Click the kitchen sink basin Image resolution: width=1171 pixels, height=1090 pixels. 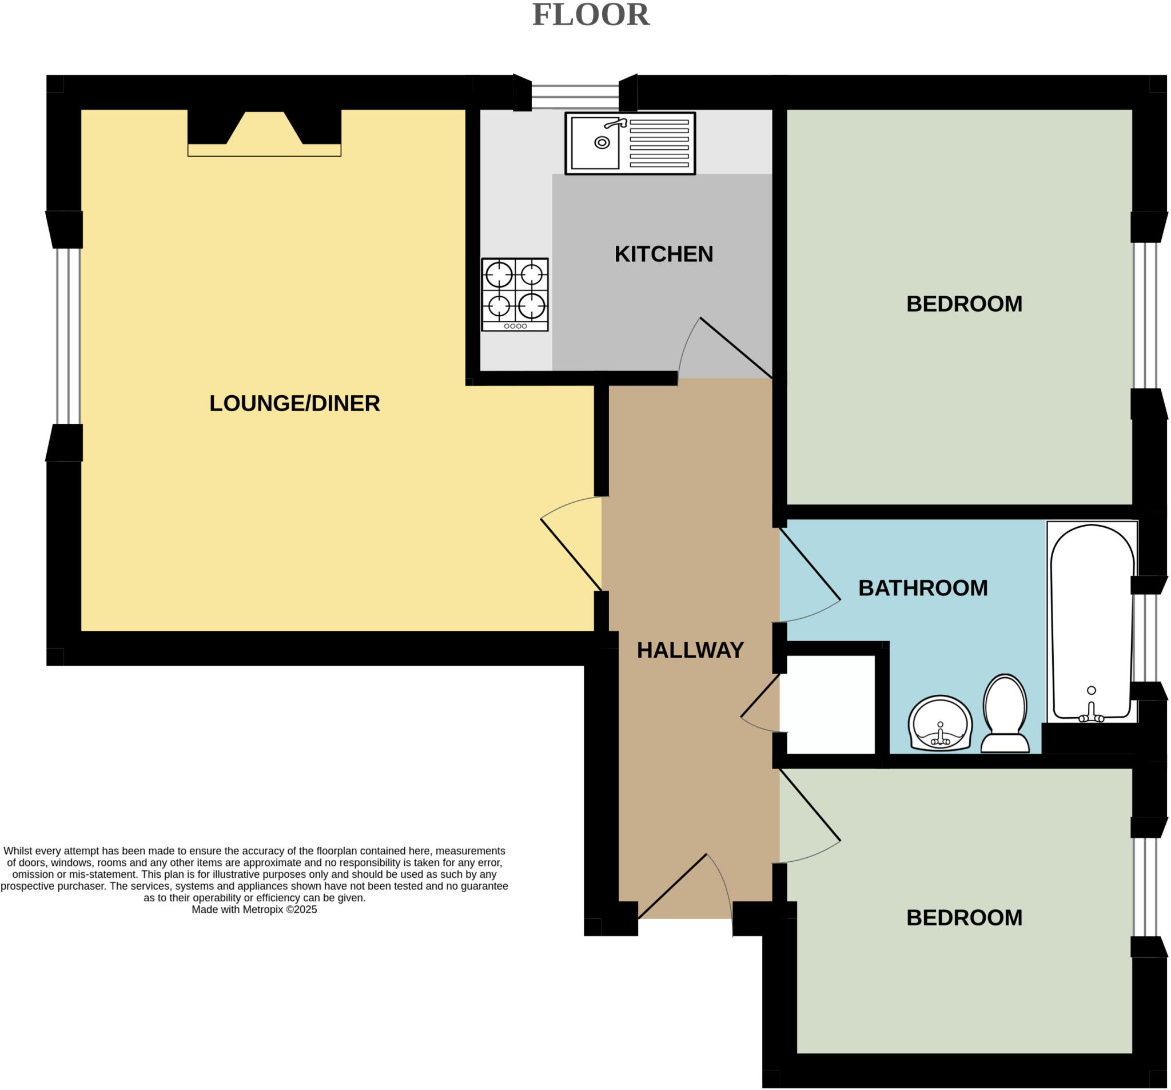click(595, 142)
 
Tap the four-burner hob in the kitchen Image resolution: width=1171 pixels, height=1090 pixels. click(515, 294)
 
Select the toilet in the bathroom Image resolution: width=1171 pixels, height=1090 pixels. click(1005, 714)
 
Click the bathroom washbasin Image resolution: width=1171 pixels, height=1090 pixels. click(940, 724)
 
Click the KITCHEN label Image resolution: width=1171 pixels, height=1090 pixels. click(664, 254)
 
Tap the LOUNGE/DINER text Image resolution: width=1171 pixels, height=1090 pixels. click(294, 404)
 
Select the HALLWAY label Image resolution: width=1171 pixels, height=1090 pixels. click(690, 650)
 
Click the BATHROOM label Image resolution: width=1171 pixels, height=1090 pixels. click(923, 588)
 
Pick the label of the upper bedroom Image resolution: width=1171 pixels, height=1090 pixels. click(964, 304)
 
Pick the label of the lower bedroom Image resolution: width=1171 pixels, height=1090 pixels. click(964, 917)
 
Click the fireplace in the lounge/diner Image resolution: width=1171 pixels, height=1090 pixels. click(265, 133)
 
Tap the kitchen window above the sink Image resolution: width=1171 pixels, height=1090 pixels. click(575, 96)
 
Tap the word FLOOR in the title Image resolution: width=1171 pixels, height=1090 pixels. click(591, 15)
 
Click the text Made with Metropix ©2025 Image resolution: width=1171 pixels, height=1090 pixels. click(254, 909)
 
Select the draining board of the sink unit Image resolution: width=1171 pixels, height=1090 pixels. click(659, 143)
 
